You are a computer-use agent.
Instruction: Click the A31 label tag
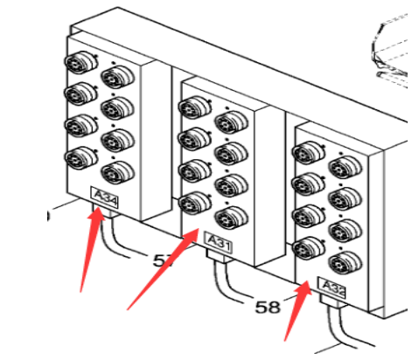(217, 245)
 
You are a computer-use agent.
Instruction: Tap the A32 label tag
(332, 288)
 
